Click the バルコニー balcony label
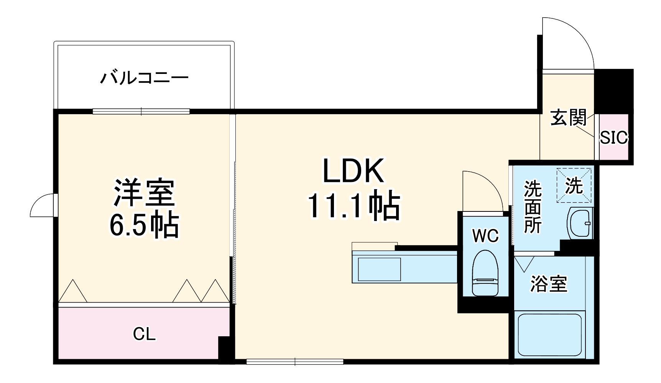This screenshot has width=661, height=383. point(144,78)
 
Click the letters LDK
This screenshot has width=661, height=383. point(353,171)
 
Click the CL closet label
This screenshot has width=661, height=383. point(144,334)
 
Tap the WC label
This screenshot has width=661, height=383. point(485,236)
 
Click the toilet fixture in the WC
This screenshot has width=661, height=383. point(485,273)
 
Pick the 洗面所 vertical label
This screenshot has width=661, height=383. point(533,207)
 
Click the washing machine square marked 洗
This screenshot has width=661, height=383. point(574,185)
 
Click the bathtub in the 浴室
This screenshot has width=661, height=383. point(549,334)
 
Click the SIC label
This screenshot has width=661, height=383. point(614,137)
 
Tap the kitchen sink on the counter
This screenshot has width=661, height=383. point(379,269)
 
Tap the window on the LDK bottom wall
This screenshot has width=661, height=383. point(294,361)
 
